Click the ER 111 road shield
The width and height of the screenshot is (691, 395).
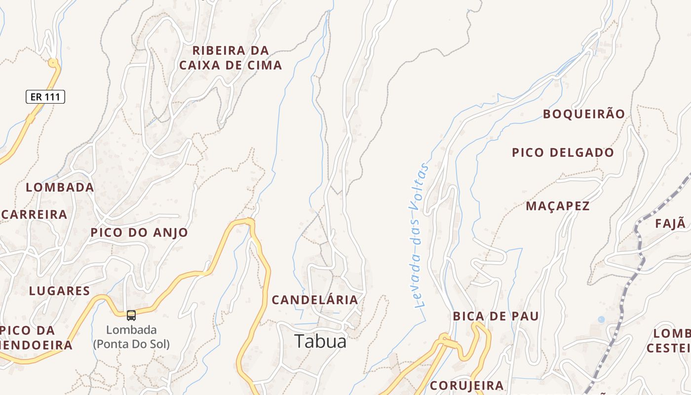[45, 97]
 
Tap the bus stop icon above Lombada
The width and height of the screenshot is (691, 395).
[131, 315]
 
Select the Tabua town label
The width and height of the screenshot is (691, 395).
[320, 341]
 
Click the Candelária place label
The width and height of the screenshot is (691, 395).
[315, 300]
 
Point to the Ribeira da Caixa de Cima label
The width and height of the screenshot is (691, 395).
[230, 58]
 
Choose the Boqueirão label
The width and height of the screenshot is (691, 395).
[584, 114]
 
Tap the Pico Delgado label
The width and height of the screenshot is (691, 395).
[563, 153]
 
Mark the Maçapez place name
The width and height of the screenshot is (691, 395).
[558, 206]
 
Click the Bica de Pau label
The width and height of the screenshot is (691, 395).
[496, 316]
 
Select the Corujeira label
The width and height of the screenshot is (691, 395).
[466, 385]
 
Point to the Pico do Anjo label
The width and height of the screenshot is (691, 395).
[139, 233]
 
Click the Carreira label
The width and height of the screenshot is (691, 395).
[35, 214]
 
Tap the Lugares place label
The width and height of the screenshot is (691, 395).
[59, 291]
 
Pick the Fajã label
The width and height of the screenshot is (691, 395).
[671, 223]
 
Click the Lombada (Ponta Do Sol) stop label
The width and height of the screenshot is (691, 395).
[131, 337]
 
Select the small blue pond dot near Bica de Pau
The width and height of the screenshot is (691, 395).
[601, 319]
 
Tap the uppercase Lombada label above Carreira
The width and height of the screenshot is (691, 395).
[60, 187]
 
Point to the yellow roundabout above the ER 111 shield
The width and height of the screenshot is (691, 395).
[53, 63]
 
